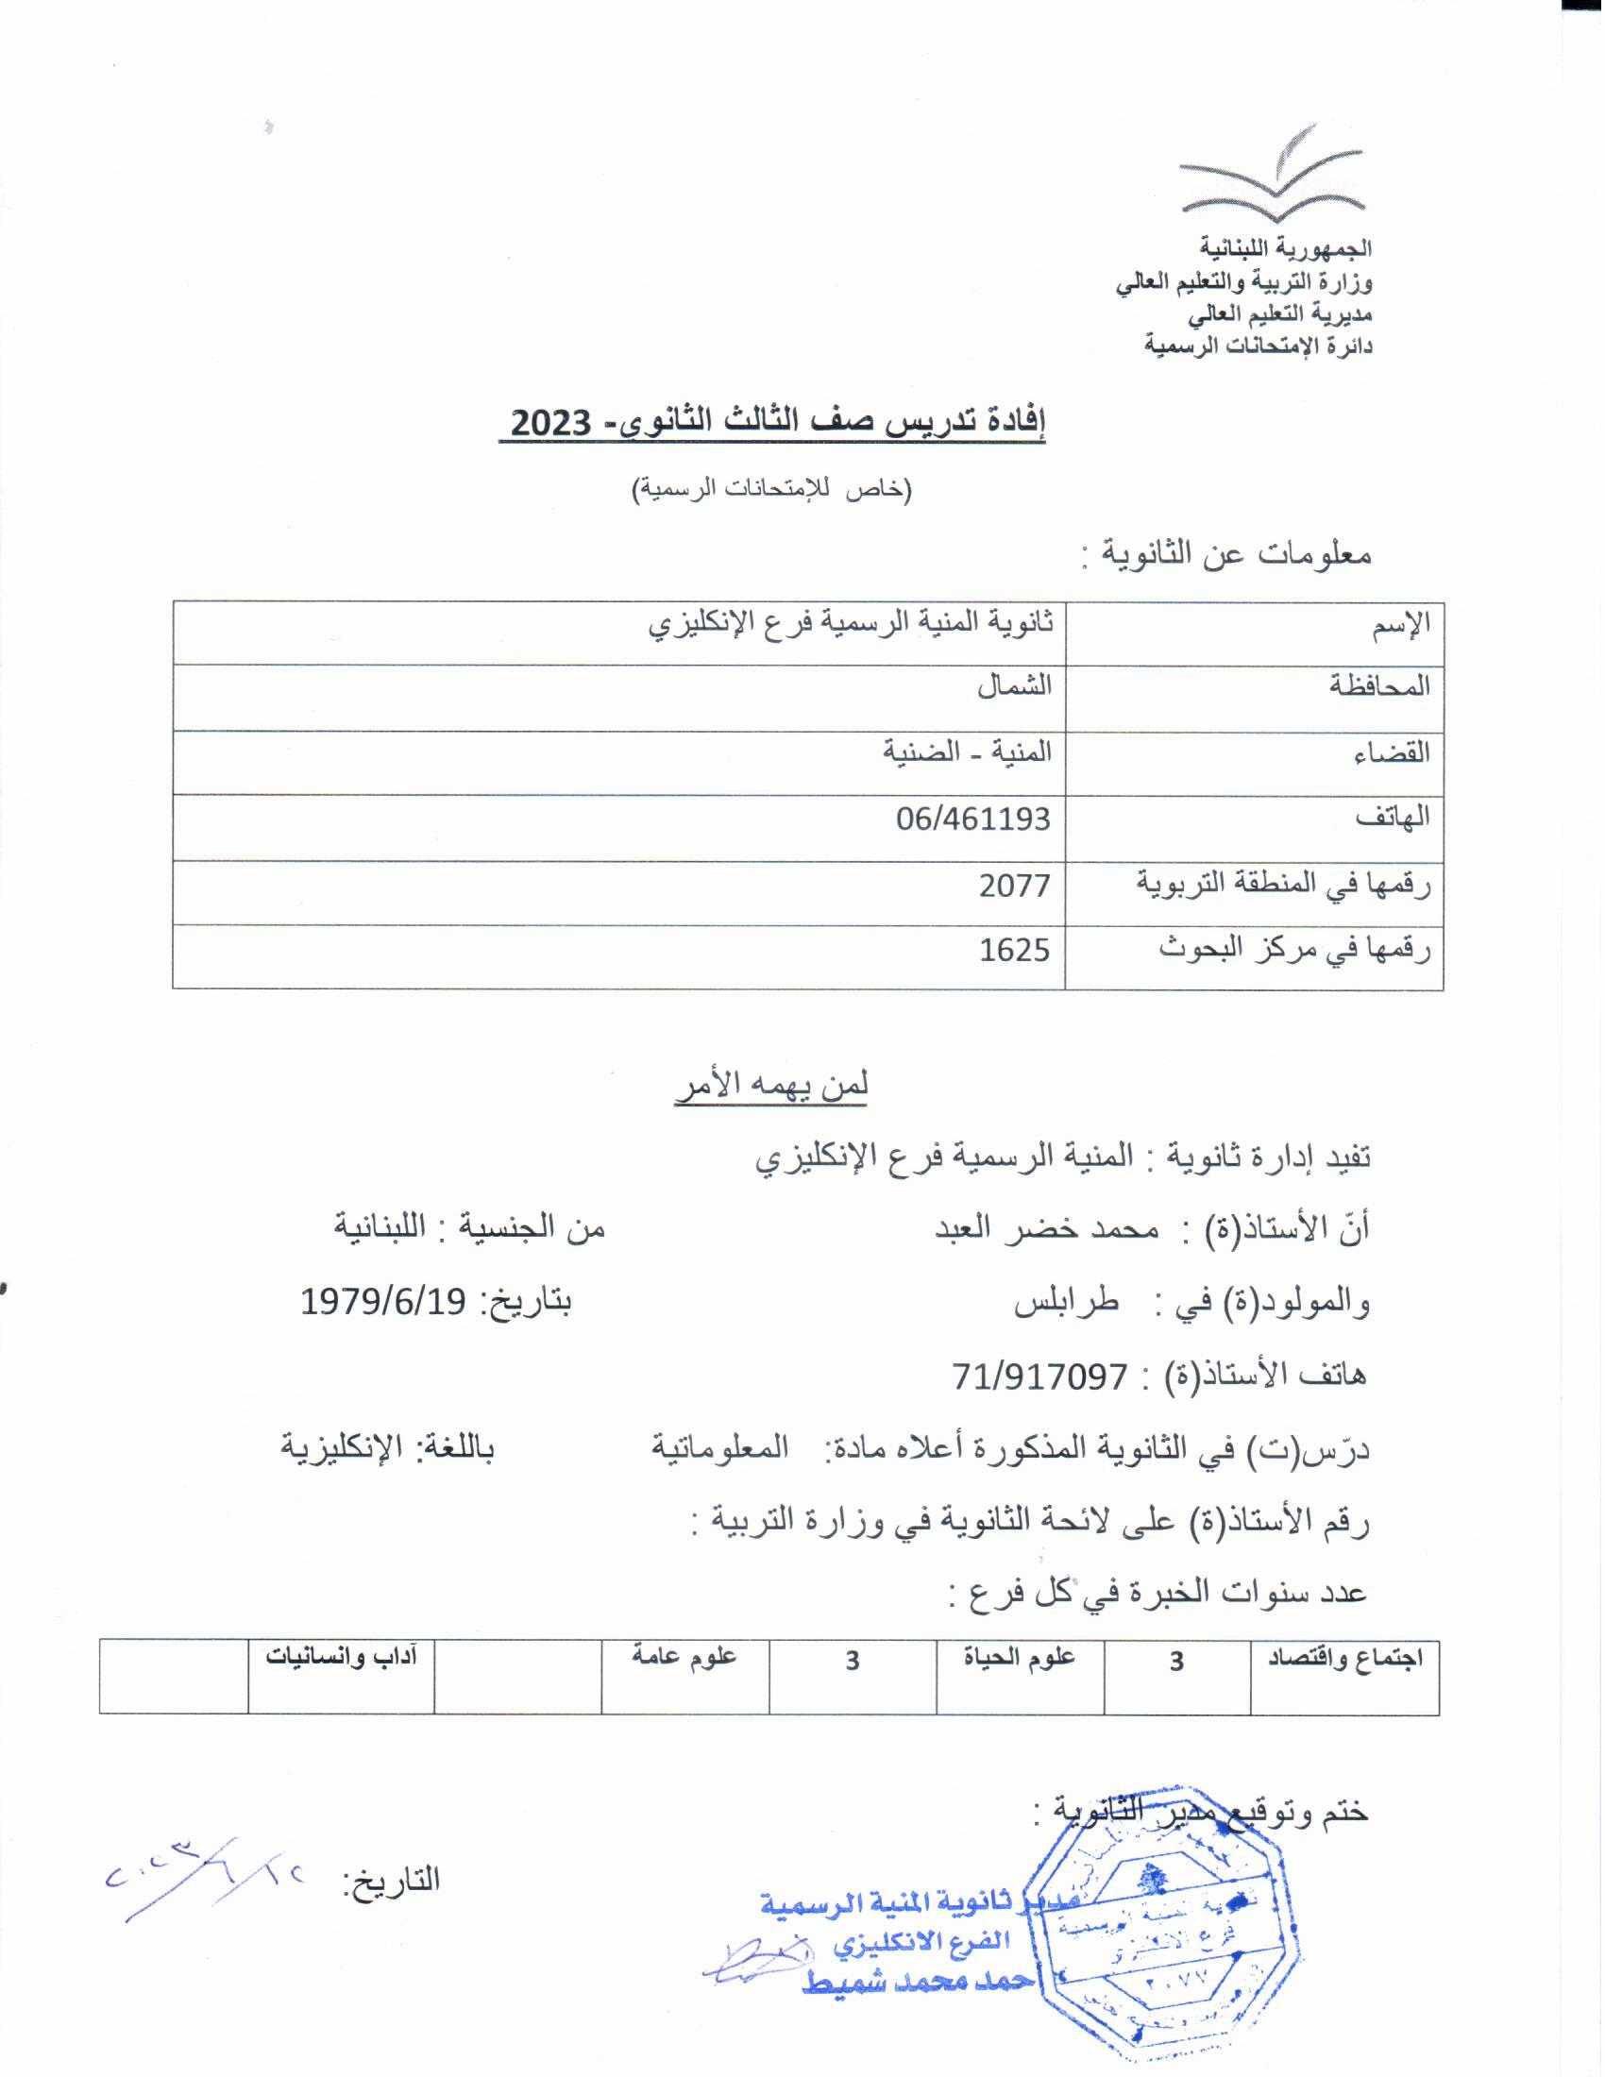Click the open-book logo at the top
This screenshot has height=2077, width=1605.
coord(1273,173)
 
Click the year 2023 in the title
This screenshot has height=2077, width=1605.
coord(550,422)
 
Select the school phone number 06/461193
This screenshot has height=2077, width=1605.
coord(972,819)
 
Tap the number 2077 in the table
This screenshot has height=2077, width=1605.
coord(1015,886)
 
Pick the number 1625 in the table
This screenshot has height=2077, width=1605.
coord(1015,950)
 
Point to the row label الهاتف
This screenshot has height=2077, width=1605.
coord(1392,817)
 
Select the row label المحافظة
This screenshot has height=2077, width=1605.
coord(1378,685)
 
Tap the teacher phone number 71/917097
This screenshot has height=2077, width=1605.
coord(1040,1376)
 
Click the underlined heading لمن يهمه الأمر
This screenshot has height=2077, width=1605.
coord(771,1085)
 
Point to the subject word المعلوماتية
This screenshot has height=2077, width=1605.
coord(719,1448)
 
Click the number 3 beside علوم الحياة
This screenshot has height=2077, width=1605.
coord(852,1661)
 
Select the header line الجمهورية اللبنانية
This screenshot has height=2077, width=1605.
coord(1285,248)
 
